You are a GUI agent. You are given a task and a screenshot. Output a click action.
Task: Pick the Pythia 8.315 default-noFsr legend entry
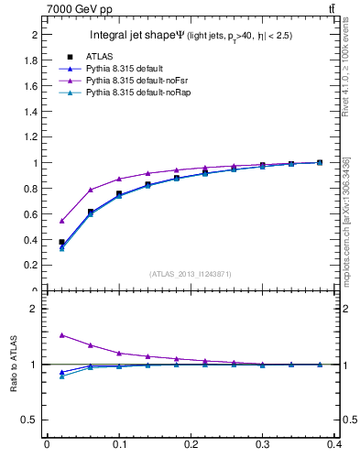pos(129,81)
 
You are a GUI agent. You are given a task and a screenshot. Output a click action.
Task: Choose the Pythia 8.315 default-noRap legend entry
pos(131,93)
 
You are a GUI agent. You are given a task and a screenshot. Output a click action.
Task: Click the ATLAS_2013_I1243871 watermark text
pos(189,274)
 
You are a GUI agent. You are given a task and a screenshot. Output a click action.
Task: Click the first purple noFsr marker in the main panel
pos(61,221)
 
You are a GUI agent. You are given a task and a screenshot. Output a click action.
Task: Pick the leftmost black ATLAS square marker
pos(61,242)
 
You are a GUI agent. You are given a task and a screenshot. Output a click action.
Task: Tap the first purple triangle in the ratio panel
pos(61,335)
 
